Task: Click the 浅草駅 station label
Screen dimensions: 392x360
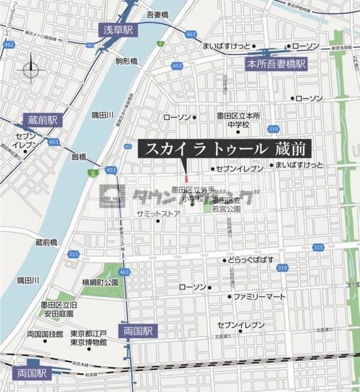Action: coord(119,29)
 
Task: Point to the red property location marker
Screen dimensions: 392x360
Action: coord(187,177)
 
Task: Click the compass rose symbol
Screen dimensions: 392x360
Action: coord(31,69)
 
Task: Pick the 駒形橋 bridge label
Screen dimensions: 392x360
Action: coord(127,61)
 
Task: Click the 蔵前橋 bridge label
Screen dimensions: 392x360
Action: coord(46,243)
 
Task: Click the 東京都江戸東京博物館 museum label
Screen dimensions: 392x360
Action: coord(88,338)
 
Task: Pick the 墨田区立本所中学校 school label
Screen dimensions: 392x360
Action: coord(237,120)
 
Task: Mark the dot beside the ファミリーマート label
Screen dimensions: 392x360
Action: coord(229,297)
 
